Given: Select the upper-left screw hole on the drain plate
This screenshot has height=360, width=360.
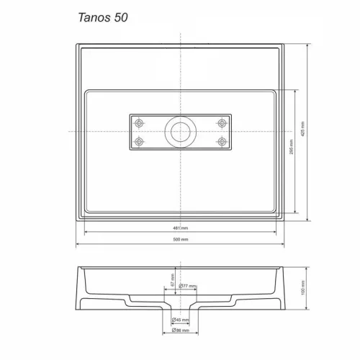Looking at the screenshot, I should [141, 122].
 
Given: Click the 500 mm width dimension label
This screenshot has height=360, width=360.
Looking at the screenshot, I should [180, 239].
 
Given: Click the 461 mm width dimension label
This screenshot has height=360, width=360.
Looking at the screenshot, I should [180, 228].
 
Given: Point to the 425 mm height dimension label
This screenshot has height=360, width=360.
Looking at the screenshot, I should [312, 131].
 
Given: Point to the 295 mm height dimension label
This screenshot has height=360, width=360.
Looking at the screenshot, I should [292, 148].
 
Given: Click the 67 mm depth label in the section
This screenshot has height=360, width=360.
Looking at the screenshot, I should [173, 277].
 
